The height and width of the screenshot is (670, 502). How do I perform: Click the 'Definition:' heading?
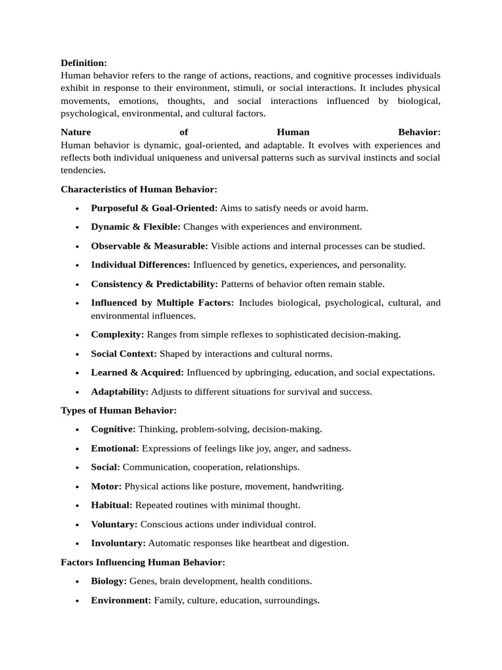tap(84, 63)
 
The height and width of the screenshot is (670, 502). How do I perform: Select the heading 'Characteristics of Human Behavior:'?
tap(139, 189)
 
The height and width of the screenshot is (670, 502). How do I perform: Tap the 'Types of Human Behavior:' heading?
tap(118, 410)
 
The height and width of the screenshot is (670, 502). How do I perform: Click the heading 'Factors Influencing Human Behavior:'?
tap(142, 562)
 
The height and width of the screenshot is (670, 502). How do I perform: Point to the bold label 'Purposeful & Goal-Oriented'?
tap(154, 208)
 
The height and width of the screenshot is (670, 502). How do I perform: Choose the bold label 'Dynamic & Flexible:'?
tap(135, 227)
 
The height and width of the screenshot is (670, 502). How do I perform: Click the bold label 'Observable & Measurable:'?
tap(149, 246)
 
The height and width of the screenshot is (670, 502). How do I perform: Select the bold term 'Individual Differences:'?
tap(141, 265)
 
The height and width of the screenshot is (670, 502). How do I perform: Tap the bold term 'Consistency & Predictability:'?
tap(154, 284)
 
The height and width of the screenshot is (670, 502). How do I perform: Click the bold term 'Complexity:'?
tap(118, 334)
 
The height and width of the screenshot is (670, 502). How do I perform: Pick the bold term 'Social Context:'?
tap(124, 353)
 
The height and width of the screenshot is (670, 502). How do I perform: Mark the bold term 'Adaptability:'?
tap(120, 392)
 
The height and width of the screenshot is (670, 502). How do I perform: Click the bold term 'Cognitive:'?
tap(113, 429)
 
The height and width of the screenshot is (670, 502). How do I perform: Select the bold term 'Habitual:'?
tap(112, 505)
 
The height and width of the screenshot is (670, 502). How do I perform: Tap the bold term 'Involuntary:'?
tap(118, 543)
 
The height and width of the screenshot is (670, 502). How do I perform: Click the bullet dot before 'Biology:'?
tap(77, 581)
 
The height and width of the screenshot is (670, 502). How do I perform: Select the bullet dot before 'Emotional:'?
tap(77, 449)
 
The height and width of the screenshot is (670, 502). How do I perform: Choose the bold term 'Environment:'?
tap(121, 600)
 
